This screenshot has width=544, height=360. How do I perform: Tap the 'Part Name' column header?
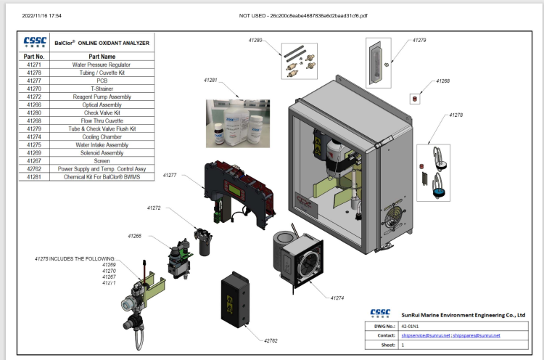pos(102,56)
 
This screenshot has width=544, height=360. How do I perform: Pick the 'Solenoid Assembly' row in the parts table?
pos(101,153)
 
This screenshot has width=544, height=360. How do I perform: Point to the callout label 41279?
pos(419,41)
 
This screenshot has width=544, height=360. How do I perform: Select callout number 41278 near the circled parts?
pos(456,115)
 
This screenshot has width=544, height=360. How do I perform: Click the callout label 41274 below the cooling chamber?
pos(338,298)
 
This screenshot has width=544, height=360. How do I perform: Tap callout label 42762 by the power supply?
pos(271,340)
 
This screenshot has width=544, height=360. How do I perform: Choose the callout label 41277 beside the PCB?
pos(170,175)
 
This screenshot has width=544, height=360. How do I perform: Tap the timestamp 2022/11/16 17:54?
pos(42,15)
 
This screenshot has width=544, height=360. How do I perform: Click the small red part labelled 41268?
pos(414,97)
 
